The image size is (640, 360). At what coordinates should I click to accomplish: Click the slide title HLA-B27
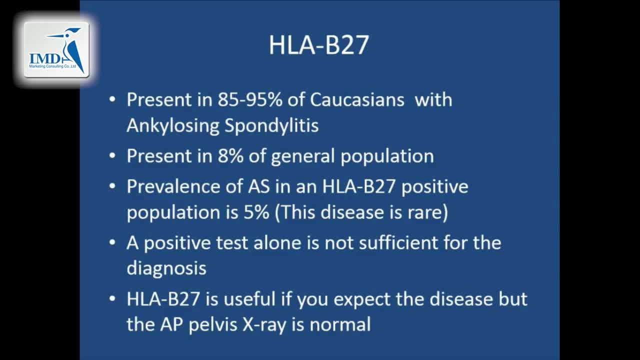319,45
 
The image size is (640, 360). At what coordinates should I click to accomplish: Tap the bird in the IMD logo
70,48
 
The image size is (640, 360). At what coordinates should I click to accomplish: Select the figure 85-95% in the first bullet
250,99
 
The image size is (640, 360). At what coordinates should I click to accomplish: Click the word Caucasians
357,99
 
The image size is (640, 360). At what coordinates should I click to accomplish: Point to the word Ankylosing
173,125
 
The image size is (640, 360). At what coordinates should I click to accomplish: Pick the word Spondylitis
271,125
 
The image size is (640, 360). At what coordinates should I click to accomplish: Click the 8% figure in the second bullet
230,156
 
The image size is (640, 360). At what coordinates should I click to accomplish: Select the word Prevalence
173,186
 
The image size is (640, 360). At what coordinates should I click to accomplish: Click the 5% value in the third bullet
256,212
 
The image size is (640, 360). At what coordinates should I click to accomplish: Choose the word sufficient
398,242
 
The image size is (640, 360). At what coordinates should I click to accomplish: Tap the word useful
249,299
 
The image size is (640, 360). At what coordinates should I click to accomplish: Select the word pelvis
213,325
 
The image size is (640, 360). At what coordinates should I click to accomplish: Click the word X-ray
264,325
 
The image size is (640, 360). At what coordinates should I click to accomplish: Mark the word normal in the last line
340,324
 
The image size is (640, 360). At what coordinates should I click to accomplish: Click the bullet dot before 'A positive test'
112,242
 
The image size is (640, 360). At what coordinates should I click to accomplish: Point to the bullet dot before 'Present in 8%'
112,156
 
